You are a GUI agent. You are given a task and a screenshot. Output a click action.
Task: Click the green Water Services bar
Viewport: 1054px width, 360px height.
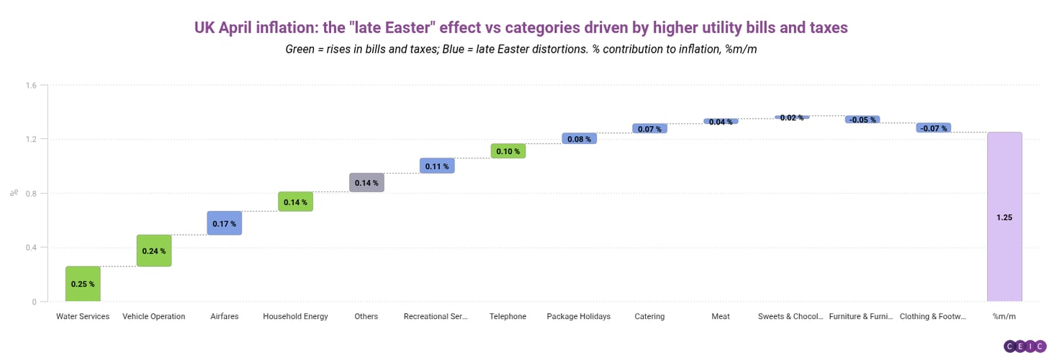pos(83,284)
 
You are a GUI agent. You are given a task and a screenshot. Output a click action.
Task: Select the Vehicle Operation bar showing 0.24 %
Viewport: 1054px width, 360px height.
pos(154,251)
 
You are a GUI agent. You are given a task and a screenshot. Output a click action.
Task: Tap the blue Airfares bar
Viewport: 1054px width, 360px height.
pos(224,223)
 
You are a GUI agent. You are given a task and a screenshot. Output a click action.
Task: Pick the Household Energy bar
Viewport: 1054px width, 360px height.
pos(295,202)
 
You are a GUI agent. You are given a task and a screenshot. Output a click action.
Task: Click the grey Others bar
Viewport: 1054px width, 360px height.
pos(366,183)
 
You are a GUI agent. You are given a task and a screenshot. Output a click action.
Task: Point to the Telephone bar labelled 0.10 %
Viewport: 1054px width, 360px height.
pos(508,151)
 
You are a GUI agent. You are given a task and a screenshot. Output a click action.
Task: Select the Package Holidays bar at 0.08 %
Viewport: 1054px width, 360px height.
pos(579,139)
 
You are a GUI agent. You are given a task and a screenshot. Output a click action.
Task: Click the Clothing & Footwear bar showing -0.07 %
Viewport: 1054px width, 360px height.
pos(933,128)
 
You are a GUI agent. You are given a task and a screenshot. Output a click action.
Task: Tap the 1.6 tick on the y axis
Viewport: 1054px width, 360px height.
pos(31,85)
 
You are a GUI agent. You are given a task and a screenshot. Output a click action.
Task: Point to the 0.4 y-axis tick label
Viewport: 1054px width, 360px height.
pos(31,248)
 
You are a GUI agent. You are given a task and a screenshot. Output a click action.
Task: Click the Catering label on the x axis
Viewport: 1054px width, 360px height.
pos(649,317)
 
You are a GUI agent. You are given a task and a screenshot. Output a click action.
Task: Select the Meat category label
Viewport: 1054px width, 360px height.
pos(721,317)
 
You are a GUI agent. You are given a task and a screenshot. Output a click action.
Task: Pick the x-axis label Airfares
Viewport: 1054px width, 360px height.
pos(224,317)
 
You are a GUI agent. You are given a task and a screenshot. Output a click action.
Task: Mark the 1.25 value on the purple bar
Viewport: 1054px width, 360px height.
pos(1004,217)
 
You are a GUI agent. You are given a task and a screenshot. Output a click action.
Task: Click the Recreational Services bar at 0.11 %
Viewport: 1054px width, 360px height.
pos(437,166)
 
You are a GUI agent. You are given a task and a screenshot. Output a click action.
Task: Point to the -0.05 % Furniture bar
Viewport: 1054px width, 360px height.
pos(862,120)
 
